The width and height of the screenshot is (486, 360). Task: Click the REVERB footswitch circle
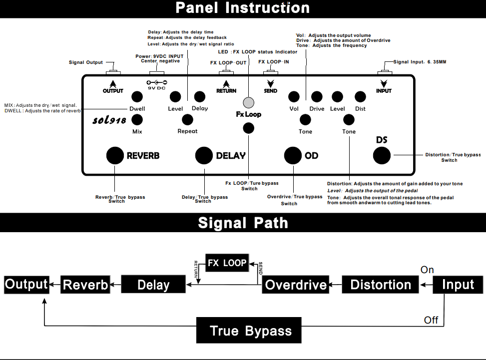pyautogui.click(x=115, y=155)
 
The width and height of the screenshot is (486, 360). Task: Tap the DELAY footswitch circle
pyautogui.click(x=204, y=155)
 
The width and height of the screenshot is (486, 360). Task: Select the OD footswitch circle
pyautogui.click(x=293, y=155)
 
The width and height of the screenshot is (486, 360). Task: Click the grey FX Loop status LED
pyautogui.click(x=248, y=102)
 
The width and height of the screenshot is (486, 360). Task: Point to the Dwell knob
pyautogui.click(x=137, y=97)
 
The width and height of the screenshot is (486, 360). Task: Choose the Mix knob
pyautogui.click(x=137, y=119)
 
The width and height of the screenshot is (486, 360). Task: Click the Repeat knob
pyautogui.click(x=187, y=119)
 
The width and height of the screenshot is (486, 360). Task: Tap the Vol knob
pyautogui.click(x=294, y=97)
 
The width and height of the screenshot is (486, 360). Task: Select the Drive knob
pyautogui.click(x=317, y=97)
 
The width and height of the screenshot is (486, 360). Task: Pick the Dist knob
pyautogui.click(x=360, y=97)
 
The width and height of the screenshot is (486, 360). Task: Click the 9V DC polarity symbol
pyautogui.click(x=156, y=82)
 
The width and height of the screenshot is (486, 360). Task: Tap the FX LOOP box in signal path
pyautogui.click(x=227, y=263)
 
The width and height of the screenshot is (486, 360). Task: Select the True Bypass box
pyautogui.click(x=249, y=331)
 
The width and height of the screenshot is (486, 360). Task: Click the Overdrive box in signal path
pyautogui.click(x=296, y=285)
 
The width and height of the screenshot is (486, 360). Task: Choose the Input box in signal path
pyautogui.click(x=458, y=285)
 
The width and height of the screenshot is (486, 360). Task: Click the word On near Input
pyautogui.click(x=427, y=270)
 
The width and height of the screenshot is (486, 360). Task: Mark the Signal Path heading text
pyautogui.click(x=243, y=222)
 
